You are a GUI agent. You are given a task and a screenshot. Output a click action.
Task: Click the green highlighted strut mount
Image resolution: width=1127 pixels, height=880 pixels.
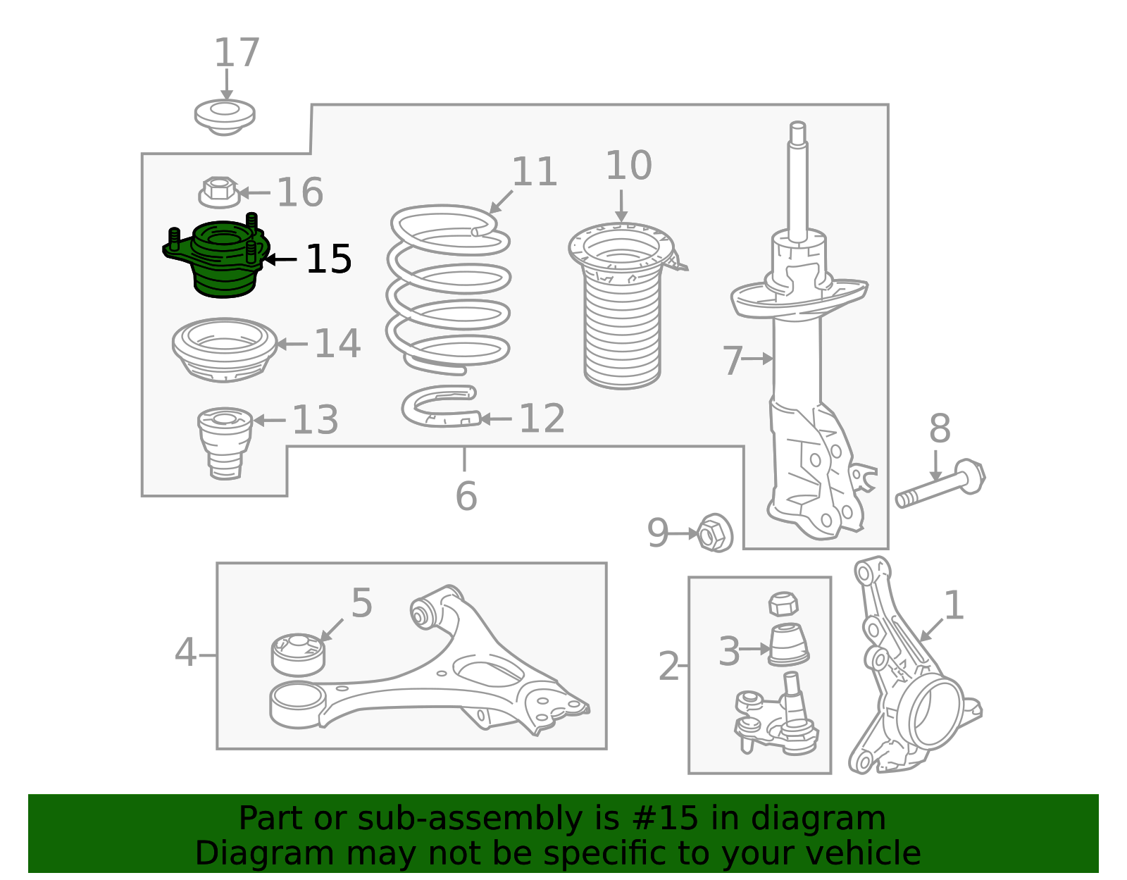tap(218, 259)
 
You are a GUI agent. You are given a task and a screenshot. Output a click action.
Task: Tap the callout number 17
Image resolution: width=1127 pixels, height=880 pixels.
tap(237, 52)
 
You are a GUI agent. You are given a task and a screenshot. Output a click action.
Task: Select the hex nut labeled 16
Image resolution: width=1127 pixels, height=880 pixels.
tap(219, 192)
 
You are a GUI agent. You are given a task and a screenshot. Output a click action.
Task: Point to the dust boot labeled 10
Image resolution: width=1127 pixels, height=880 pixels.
tap(623, 306)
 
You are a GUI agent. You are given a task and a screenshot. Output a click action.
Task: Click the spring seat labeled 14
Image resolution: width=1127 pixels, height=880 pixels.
tap(224, 349)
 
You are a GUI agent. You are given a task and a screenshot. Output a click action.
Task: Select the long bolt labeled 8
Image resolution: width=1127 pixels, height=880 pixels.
tap(940, 483)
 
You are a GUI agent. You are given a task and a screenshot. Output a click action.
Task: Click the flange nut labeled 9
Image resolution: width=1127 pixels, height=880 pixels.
tap(715, 533)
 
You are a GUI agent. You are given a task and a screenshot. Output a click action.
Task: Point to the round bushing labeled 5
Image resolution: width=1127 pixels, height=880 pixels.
tap(298, 655)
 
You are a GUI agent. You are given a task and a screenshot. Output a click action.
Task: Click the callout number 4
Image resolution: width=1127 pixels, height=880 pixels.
tap(185, 652)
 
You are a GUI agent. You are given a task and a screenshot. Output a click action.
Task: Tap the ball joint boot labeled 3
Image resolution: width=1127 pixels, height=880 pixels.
tap(788, 645)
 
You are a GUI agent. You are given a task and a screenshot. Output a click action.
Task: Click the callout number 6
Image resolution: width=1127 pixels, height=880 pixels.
tap(466, 495)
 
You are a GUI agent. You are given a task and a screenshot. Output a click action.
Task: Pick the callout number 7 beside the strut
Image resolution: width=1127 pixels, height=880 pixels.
tap(733, 360)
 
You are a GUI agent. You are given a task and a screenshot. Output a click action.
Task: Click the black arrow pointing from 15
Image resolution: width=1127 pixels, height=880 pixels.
tap(280, 259)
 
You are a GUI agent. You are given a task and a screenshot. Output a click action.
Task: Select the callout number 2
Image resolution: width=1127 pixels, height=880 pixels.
tap(668, 666)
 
